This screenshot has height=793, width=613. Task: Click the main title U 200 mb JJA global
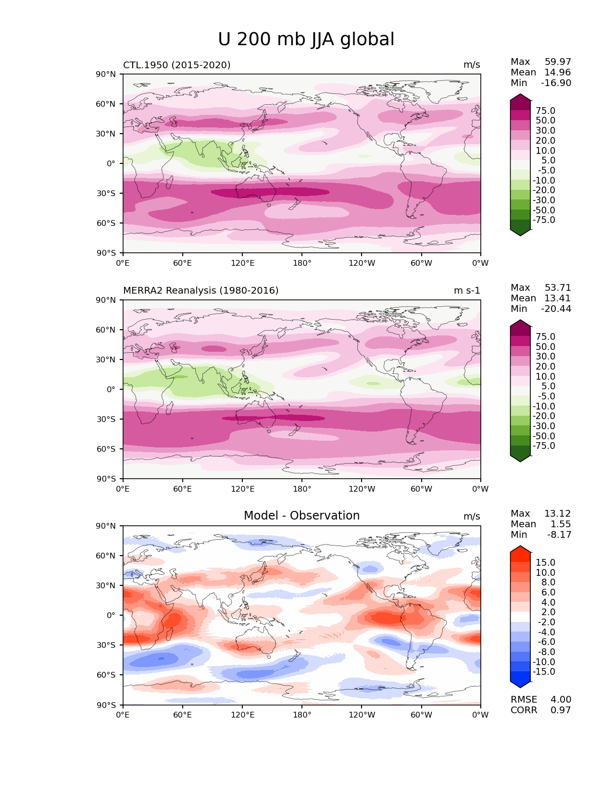[x=306, y=39]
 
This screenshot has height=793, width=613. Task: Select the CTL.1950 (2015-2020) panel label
[x=176, y=65]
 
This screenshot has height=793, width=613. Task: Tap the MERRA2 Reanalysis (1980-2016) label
[x=200, y=291]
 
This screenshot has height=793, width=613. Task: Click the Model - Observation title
[x=301, y=516]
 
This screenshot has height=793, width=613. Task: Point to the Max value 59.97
[x=558, y=62]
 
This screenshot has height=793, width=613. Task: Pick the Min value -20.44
[x=556, y=309]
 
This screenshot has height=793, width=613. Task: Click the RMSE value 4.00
[x=561, y=700]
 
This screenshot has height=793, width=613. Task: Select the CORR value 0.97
[x=561, y=710]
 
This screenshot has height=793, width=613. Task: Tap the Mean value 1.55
[x=561, y=524]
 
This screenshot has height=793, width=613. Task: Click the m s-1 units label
[x=467, y=291]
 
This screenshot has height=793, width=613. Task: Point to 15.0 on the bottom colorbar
[x=545, y=563]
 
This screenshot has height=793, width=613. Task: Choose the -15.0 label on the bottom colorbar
[x=544, y=672]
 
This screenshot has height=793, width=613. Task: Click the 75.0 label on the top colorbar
[x=545, y=111]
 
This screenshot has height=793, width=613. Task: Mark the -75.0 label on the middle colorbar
[x=544, y=446]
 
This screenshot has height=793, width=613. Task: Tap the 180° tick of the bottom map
[x=302, y=715]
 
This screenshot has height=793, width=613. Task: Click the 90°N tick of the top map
[x=106, y=74]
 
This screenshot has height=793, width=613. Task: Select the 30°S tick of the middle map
[x=106, y=419]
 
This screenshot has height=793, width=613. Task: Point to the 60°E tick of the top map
[x=183, y=263]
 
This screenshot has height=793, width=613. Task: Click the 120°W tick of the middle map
[x=362, y=489]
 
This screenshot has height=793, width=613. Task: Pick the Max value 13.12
[x=558, y=514]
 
